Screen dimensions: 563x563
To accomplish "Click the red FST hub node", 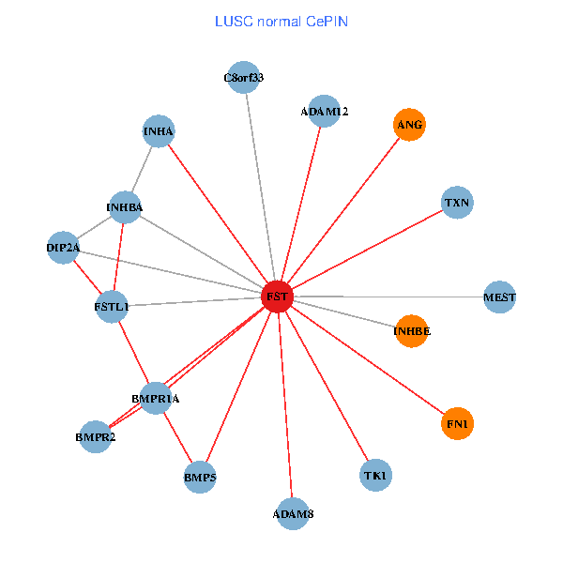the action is coord(277,297).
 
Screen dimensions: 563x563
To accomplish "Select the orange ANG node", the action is coord(409,125).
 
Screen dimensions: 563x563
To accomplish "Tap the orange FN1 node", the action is coord(457,424).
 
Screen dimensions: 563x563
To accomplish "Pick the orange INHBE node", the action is coord(412,331).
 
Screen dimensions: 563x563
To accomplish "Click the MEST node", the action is coord(499,297).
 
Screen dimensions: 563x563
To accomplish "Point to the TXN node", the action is coord(457,203).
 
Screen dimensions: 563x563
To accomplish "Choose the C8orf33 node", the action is coord(243,77).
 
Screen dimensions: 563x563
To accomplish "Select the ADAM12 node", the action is coord(324,112).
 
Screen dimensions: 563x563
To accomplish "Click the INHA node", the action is coord(159,131).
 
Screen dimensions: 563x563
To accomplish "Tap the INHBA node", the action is coord(125,207).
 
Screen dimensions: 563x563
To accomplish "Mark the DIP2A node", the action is coord(63,248).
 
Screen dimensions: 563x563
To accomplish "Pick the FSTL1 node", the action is coord(112,307).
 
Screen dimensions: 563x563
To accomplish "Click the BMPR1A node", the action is coord(156,399).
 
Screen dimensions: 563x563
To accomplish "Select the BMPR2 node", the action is coord(95,437).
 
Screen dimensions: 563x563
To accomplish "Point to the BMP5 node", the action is coord(200,478).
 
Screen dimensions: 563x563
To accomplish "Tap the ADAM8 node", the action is coord(293,514).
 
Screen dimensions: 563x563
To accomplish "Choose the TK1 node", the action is coord(375,475).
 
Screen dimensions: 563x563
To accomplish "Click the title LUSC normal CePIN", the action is coord(281,22).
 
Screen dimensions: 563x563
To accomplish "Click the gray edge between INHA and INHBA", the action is coord(142,169).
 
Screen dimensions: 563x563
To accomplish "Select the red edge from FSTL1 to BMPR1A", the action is coord(133,353).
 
